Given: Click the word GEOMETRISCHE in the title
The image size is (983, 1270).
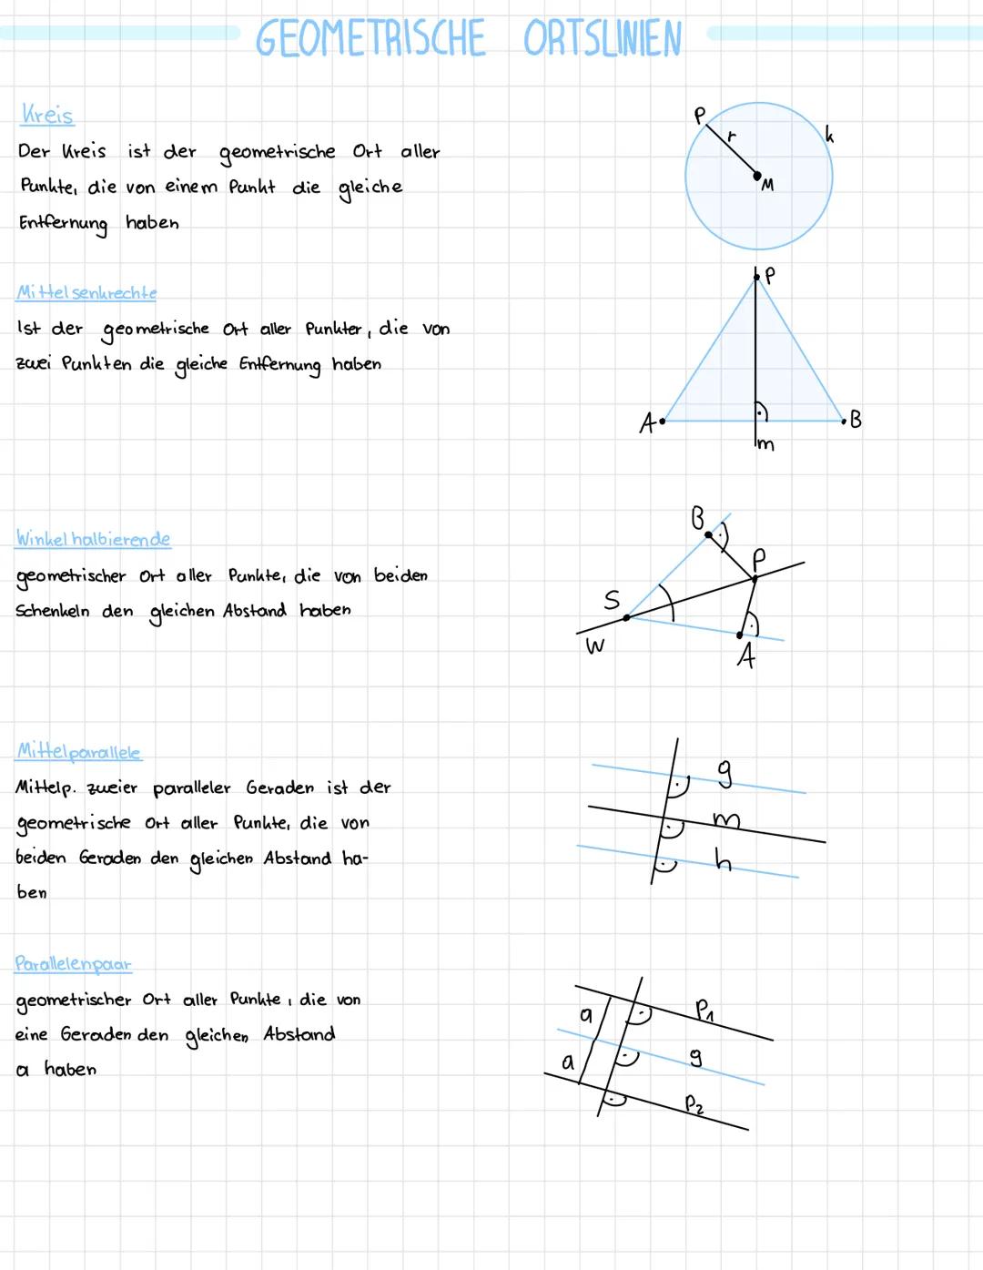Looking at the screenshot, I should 370,39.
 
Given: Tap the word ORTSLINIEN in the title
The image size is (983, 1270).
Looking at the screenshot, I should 602,39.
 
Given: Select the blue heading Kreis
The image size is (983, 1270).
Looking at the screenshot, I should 46,115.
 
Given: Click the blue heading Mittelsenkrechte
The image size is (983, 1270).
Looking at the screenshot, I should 86,292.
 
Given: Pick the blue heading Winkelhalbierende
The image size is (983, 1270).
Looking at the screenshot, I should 93,539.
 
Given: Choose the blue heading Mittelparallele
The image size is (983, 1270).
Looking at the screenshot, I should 79,752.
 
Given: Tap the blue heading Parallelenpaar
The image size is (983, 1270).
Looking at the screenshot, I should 73,963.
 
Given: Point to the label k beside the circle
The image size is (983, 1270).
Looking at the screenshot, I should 828,135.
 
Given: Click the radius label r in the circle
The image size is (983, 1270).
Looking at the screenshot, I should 731,136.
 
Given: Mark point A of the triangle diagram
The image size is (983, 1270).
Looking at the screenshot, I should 663,421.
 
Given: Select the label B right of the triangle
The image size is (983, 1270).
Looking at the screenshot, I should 855,420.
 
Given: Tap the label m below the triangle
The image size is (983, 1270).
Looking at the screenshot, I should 765,444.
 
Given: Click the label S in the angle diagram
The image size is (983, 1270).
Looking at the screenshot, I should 612,599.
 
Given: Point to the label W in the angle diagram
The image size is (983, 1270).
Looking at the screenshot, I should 594,646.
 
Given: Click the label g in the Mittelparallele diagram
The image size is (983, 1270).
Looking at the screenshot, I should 725,773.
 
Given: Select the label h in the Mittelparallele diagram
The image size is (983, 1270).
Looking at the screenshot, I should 723,859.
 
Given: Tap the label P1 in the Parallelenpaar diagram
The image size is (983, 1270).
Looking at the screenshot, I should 704,1009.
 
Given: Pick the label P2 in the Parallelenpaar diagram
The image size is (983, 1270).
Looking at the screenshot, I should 694,1104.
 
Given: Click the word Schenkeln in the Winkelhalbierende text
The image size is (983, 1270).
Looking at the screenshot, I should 52,611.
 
